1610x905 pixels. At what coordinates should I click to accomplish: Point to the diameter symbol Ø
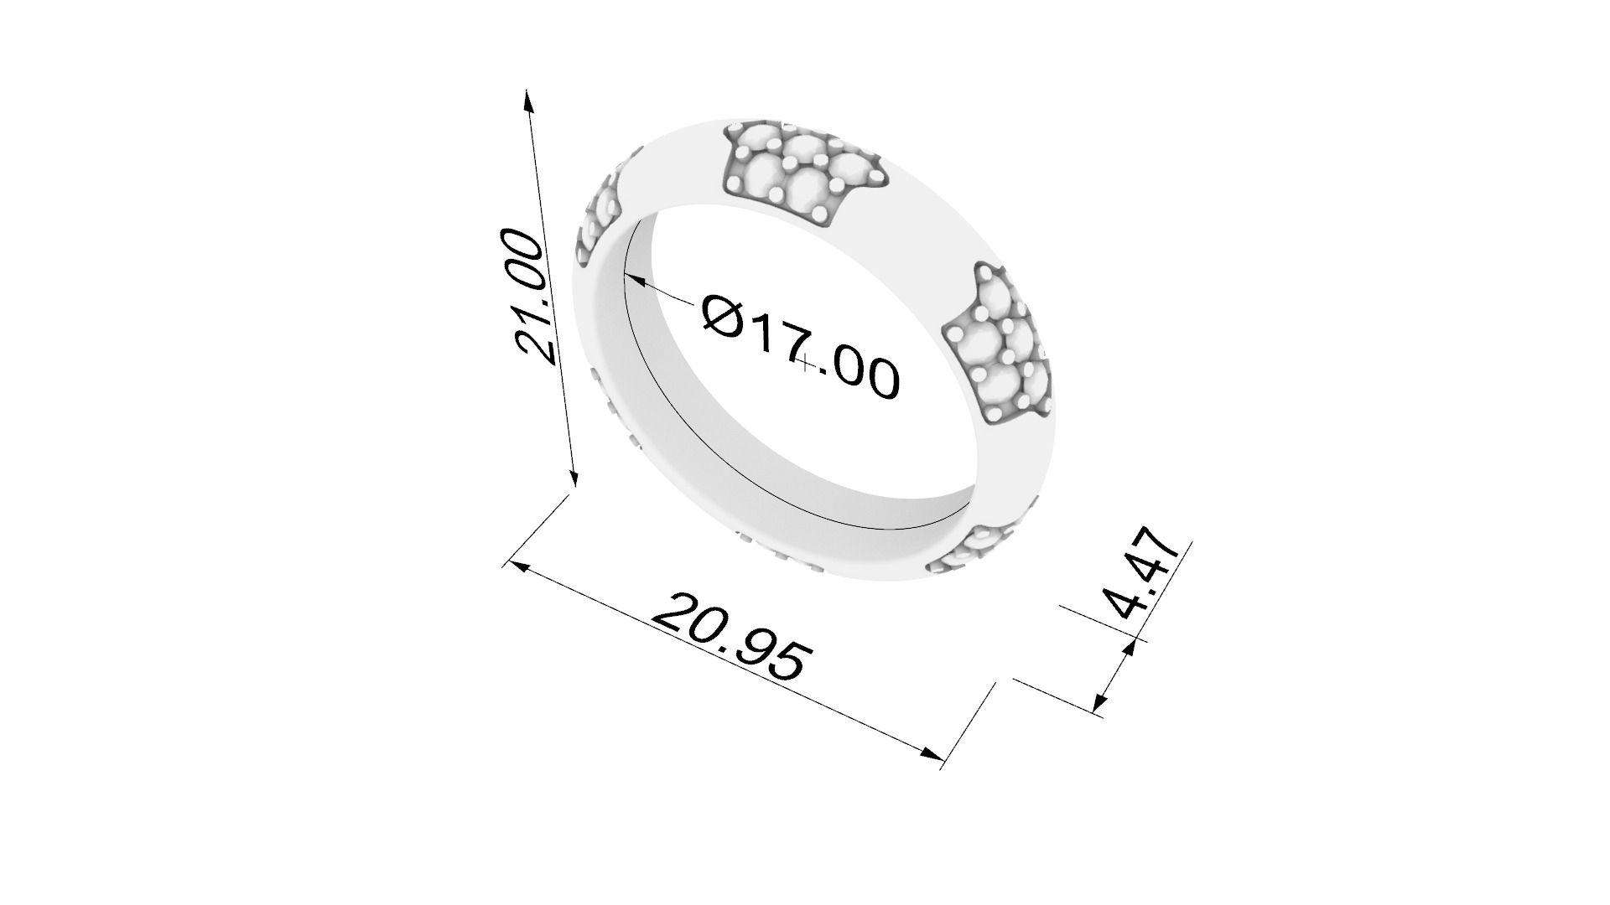coord(723,317)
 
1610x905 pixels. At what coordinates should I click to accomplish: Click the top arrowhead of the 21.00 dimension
coord(527,99)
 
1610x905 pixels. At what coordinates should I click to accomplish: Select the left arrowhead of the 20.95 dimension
coord(518,566)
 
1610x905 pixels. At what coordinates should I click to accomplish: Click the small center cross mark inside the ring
coord(806,363)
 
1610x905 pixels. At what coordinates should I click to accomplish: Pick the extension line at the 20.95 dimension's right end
coord(969,725)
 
